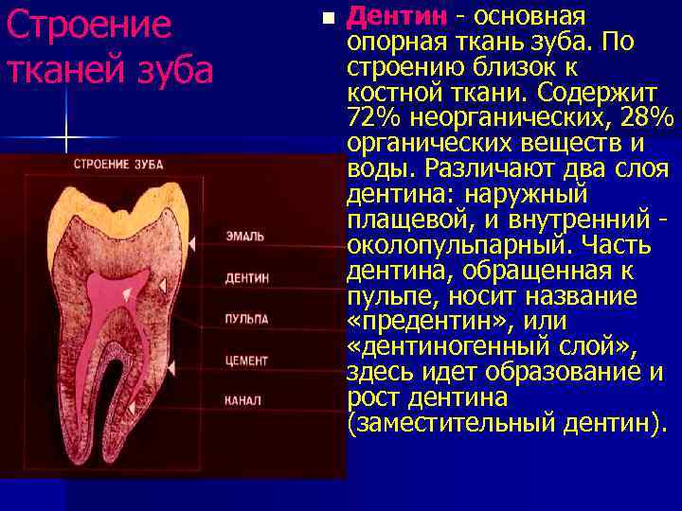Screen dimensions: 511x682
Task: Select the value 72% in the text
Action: click(372, 118)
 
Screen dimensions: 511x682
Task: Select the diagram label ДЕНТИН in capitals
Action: click(246, 278)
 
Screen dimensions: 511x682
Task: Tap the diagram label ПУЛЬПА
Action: click(246, 319)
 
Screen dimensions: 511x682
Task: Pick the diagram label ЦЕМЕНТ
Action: click(246, 361)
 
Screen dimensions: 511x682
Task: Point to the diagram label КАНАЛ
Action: click(242, 401)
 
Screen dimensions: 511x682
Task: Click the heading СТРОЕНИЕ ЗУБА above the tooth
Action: click(118, 164)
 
